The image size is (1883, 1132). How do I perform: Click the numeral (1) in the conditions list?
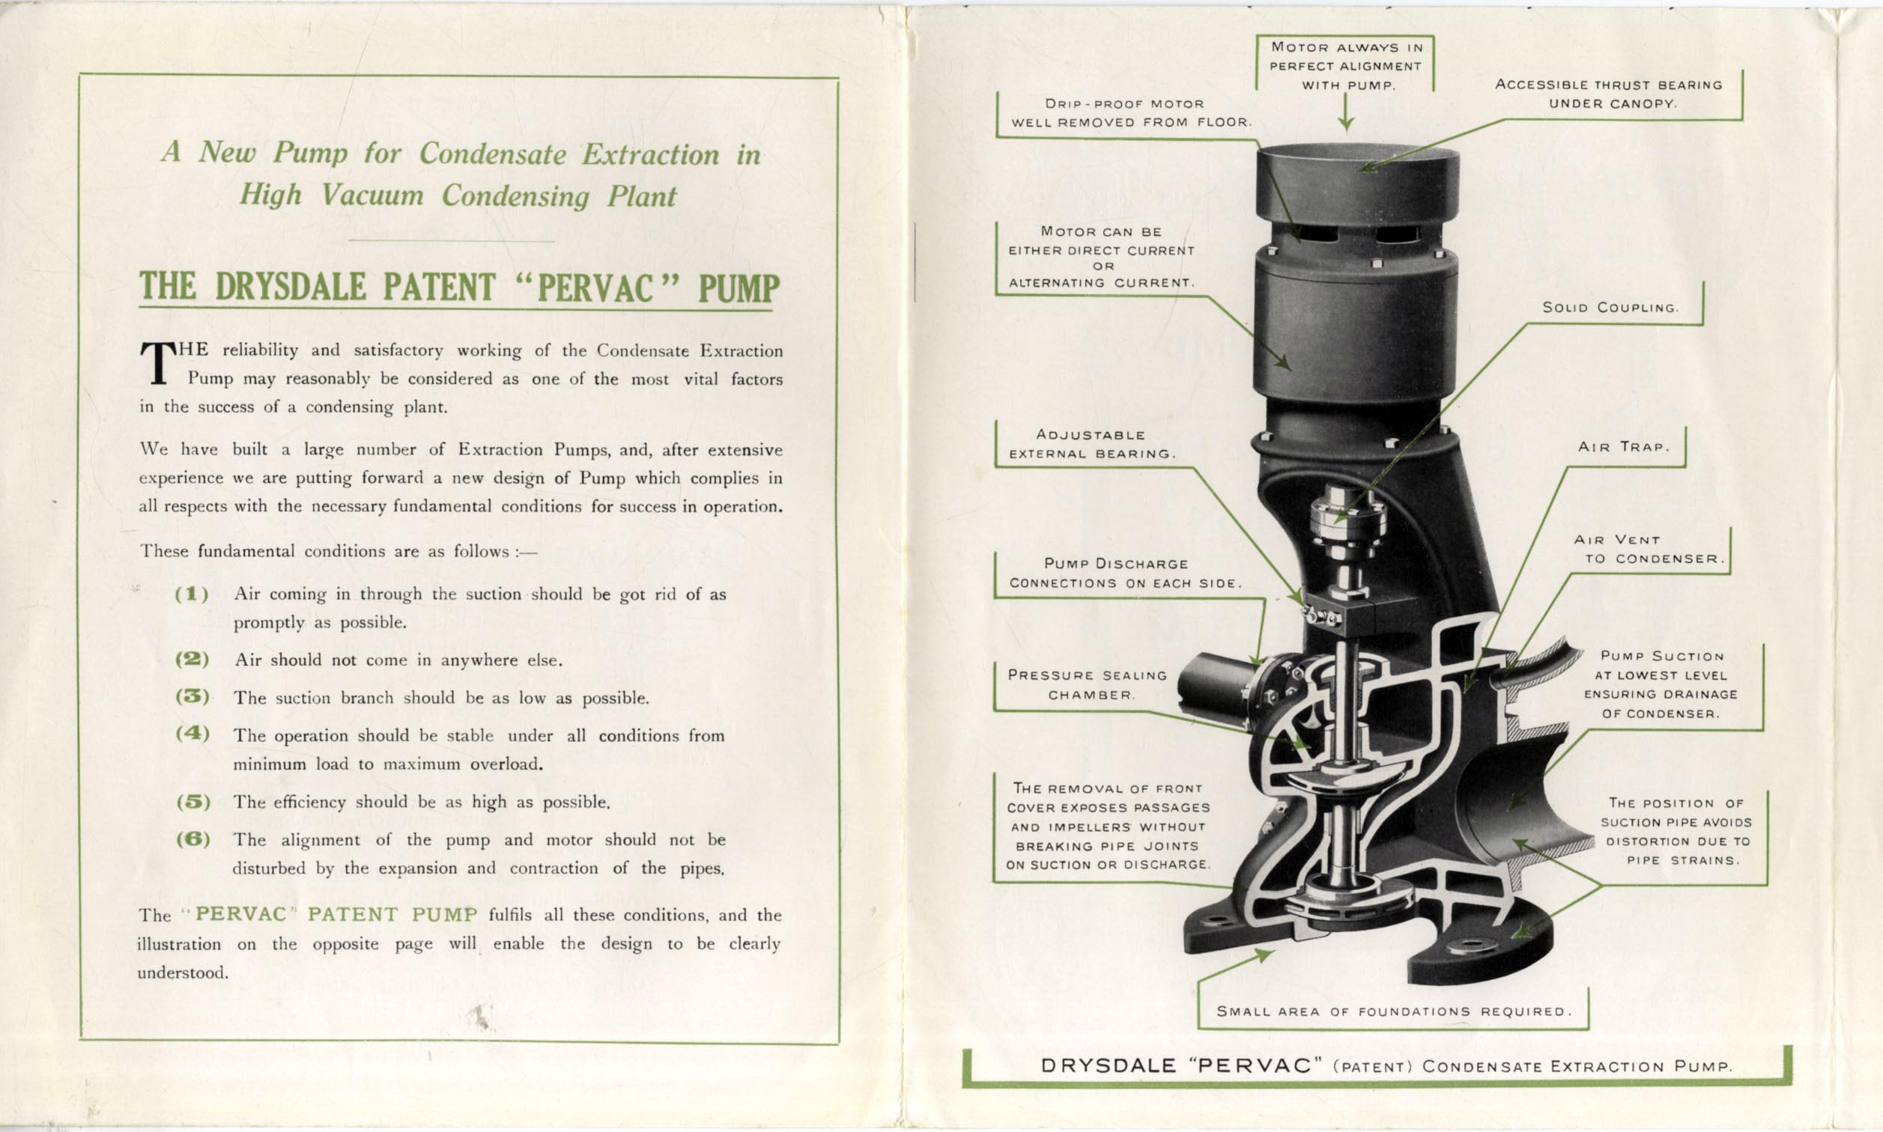(192, 594)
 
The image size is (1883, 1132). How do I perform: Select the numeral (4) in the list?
(192, 734)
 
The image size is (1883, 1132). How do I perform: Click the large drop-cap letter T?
(157, 363)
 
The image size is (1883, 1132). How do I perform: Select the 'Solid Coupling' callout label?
(1610, 308)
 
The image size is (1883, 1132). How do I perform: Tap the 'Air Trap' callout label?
(1624, 447)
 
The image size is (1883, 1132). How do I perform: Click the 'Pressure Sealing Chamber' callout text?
(1088, 685)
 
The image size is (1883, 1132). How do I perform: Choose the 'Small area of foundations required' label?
(1394, 1011)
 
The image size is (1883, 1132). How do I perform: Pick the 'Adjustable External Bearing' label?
(1092, 444)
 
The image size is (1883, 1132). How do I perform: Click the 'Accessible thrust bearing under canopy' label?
(1608, 94)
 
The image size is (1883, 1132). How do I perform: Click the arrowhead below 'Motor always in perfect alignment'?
(1346, 123)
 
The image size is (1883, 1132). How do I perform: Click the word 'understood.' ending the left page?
(183, 973)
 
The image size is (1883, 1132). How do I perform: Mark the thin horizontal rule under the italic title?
(452, 241)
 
